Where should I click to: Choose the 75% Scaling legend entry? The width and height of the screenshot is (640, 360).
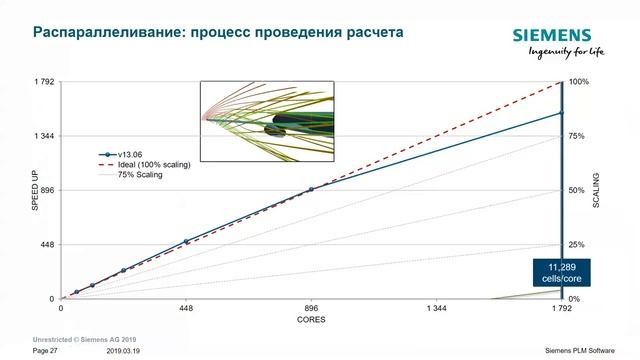[140, 175]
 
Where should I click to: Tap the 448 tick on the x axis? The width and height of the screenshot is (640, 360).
[186, 309]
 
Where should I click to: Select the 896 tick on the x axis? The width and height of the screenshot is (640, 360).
[311, 309]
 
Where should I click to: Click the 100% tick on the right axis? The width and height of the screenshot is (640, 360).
[577, 81]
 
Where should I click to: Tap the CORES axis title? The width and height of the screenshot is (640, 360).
[310, 320]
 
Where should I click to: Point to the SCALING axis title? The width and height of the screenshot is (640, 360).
[597, 190]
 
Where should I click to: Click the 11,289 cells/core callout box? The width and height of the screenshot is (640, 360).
[561, 271]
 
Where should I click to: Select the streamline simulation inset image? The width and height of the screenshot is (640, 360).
[266, 120]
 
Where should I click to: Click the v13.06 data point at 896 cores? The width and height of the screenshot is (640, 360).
[311, 189]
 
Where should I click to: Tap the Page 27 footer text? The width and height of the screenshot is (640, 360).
[46, 351]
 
